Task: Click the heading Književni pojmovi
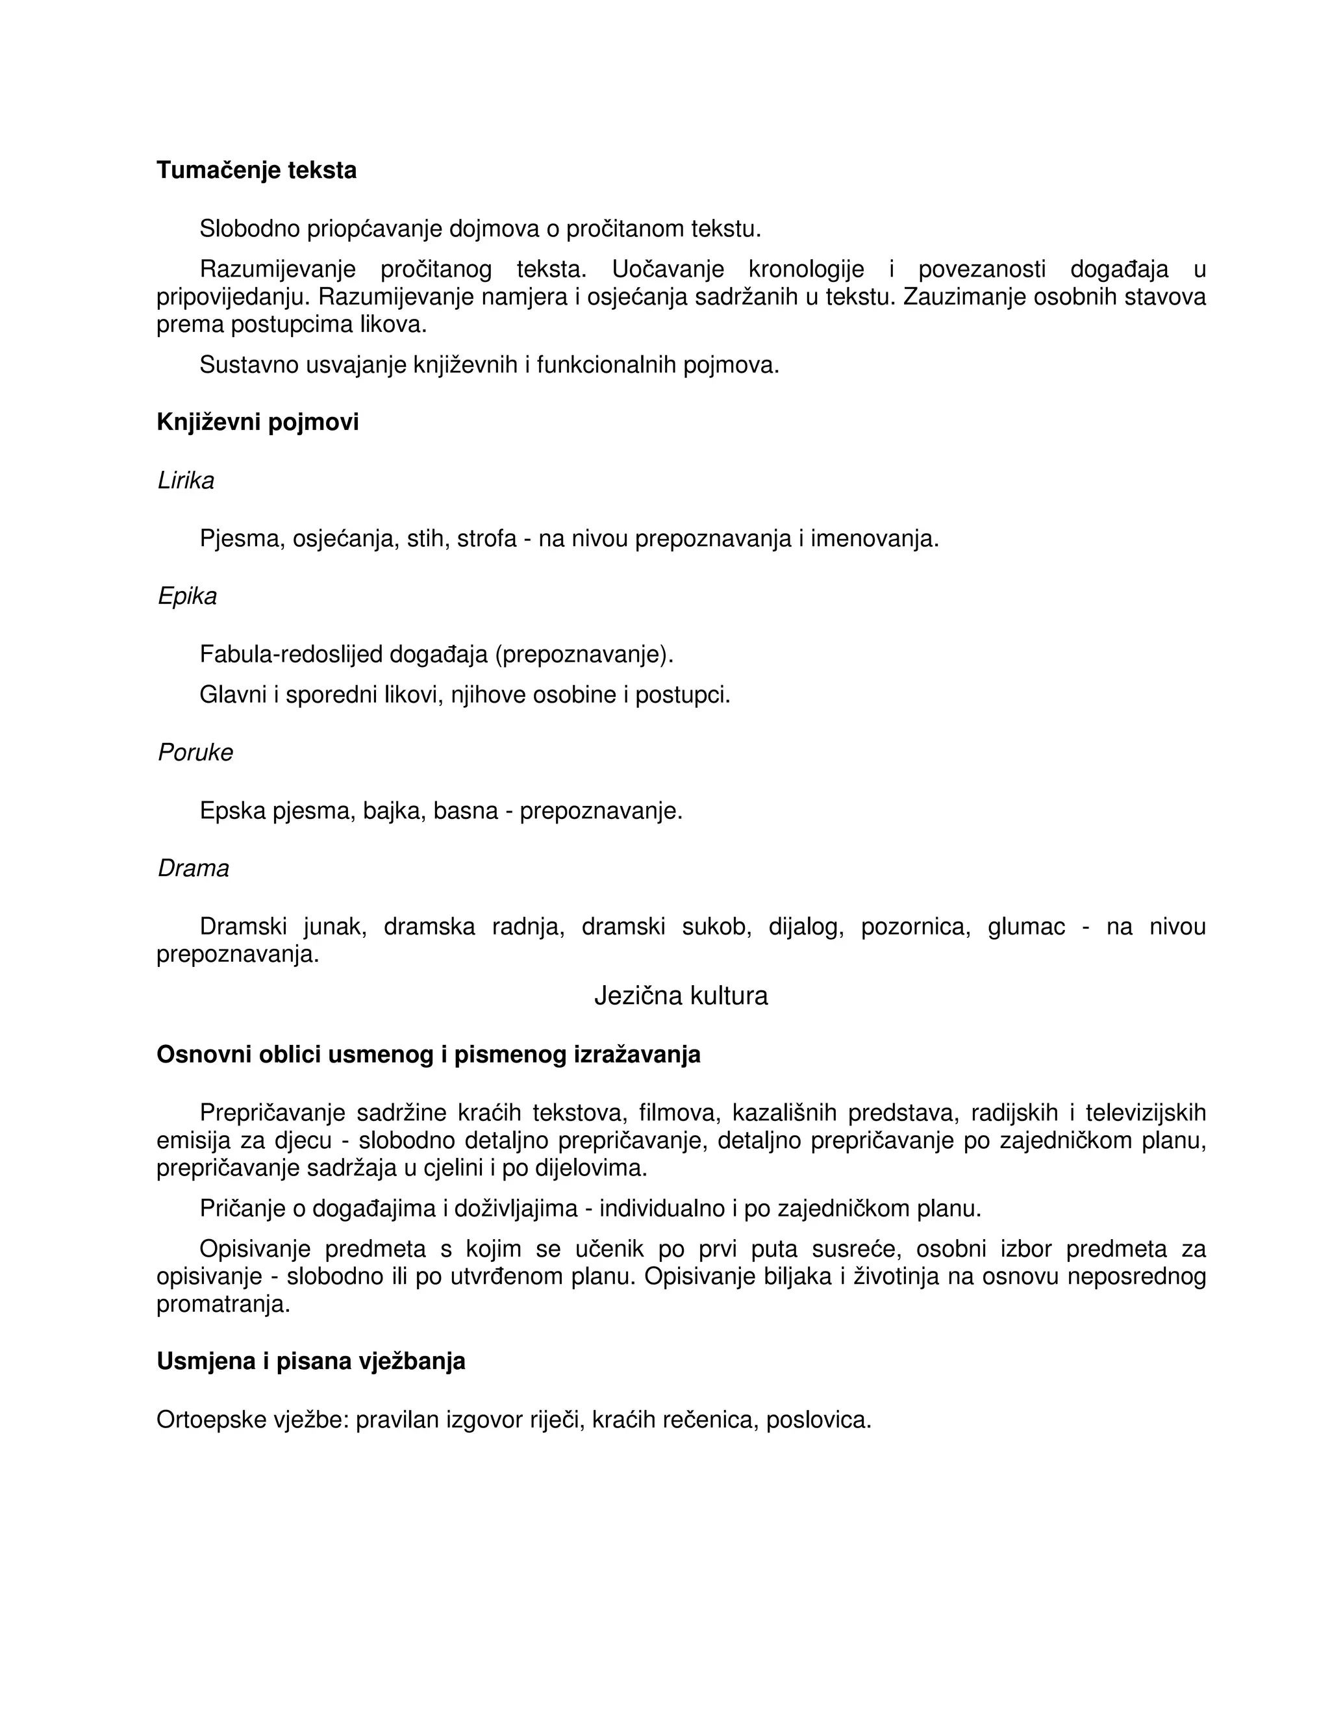click(258, 422)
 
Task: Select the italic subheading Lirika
click(186, 481)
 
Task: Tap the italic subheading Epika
click(188, 597)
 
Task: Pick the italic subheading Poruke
click(195, 753)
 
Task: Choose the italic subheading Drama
click(193, 868)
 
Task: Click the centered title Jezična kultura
click(681, 996)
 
